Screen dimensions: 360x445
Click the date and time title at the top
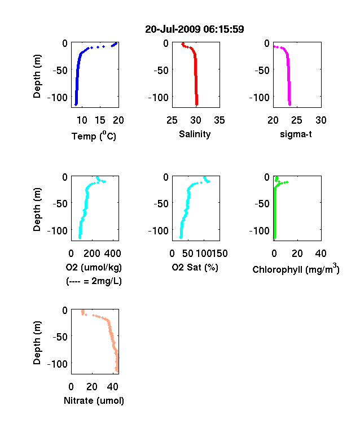coord(195,29)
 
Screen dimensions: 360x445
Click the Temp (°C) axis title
coord(94,136)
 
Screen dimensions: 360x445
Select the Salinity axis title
coord(195,134)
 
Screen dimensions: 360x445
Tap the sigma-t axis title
coord(296,134)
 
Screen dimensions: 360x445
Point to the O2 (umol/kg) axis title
coord(94,267)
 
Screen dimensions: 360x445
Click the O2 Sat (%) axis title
coord(195,267)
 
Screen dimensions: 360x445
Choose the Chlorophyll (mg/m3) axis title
coord(296,269)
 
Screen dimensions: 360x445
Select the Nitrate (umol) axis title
coord(94,401)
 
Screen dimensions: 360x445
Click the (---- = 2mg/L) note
coord(94,281)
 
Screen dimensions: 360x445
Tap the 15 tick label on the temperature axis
coord(100,120)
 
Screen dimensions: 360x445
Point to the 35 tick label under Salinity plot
coord(219,120)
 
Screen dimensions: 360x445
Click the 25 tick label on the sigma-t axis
coord(296,120)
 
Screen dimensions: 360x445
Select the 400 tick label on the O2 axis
coord(113,254)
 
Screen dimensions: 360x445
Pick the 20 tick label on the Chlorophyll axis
coord(297,254)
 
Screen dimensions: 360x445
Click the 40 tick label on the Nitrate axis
coord(113,387)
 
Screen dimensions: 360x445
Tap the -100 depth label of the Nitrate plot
coord(58,364)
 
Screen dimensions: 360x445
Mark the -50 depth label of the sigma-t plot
coord(262,71)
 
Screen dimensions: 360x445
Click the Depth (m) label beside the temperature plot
coord(37,76)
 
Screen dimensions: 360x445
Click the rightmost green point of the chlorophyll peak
coord(287,182)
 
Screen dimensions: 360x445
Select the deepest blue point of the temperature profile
coord(76,104)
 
